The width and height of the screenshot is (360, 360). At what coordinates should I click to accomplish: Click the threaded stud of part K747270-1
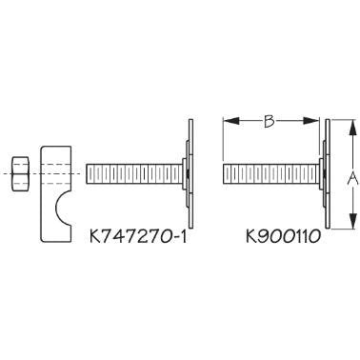133,175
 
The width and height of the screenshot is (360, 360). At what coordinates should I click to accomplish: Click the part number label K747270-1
139,231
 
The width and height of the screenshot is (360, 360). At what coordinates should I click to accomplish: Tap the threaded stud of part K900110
270,175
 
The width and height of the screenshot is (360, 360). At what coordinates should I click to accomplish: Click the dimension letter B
270,121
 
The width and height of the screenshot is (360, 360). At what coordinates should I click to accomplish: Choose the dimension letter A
352,176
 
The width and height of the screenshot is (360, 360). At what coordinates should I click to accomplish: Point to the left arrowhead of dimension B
228,121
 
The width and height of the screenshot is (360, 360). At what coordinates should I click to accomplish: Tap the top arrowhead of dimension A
351,127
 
